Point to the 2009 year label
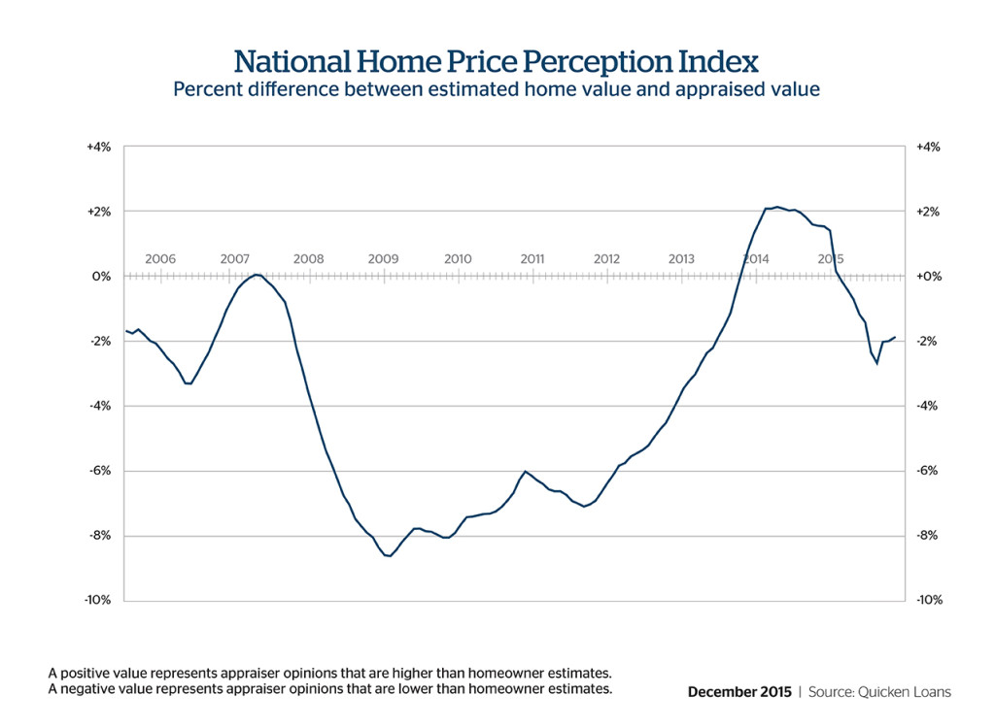383,259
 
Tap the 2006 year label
160,259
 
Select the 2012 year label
606,259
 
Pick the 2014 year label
756,259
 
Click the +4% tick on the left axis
99,147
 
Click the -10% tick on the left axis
98,600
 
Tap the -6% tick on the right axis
927,471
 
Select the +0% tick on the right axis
928,277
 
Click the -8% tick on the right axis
927,536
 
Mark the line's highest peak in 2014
778,207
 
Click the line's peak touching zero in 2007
256,275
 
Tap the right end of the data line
894,337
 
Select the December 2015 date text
738,692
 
